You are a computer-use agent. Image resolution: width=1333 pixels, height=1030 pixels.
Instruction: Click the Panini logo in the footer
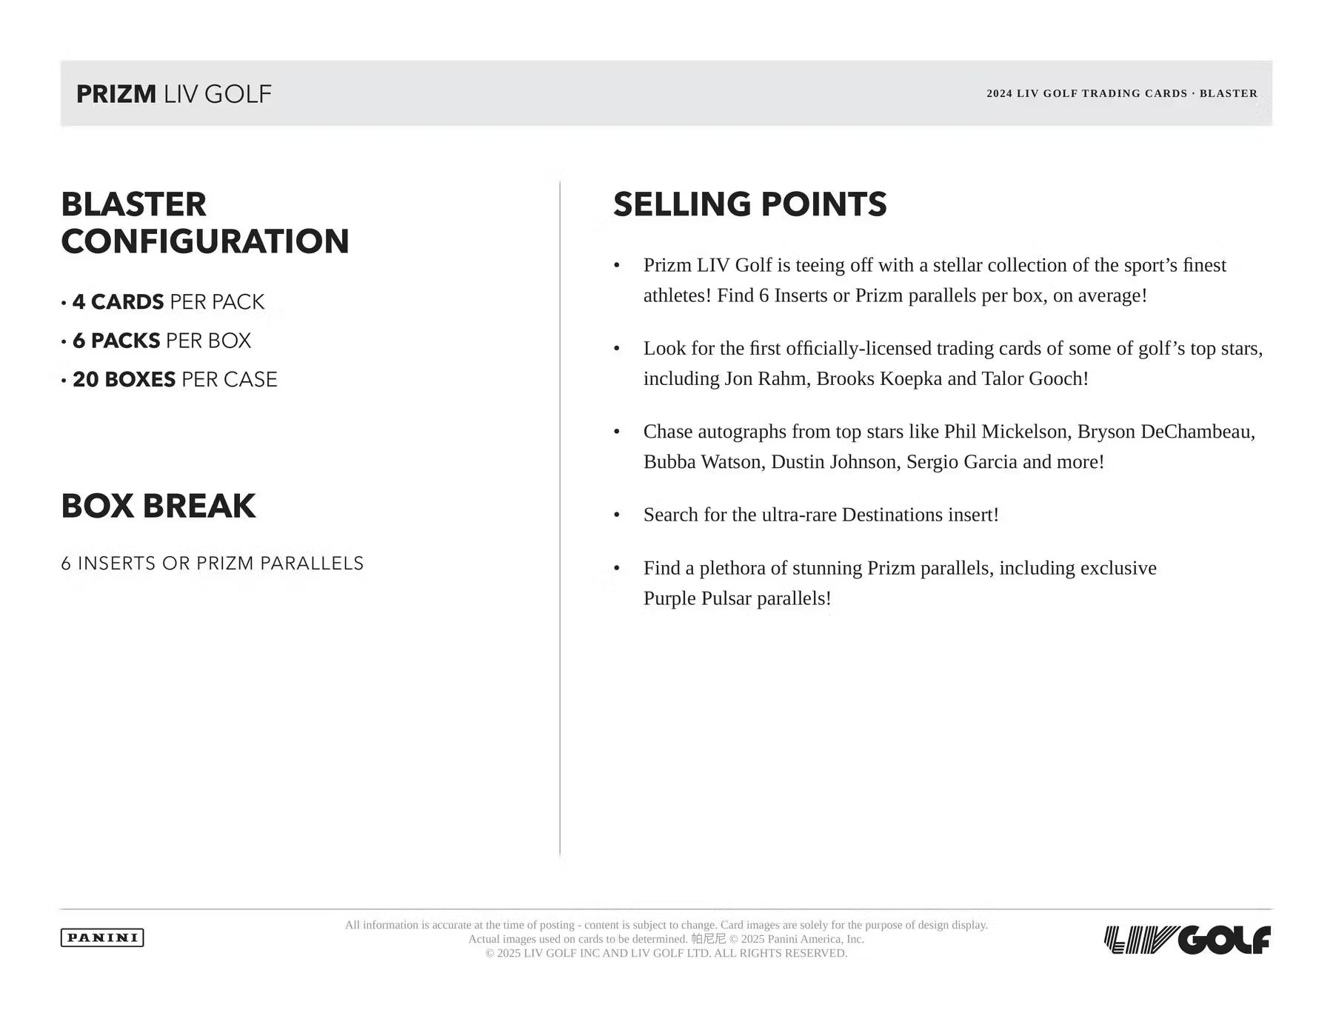click(102, 937)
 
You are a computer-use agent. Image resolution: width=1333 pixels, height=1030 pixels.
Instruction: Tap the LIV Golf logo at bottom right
click(1187, 940)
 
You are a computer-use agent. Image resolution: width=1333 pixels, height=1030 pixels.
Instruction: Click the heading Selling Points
click(749, 204)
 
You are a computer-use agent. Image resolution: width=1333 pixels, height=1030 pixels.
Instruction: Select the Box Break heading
click(158, 506)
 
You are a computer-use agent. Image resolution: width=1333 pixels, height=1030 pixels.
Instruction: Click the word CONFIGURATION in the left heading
click(205, 241)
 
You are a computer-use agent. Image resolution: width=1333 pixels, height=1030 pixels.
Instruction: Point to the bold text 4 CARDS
click(118, 302)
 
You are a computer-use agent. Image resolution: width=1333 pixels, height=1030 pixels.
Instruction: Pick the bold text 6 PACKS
click(116, 341)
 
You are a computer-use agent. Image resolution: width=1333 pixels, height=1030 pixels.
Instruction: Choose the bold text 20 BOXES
click(124, 379)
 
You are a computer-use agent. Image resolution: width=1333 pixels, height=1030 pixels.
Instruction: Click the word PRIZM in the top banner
click(116, 94)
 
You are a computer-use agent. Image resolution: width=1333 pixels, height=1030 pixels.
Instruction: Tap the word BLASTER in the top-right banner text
click(1228, 93)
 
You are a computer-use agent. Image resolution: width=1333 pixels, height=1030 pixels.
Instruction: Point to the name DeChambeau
click(1197, 432)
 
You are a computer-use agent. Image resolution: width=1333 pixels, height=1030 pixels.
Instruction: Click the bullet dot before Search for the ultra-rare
click(617, 515)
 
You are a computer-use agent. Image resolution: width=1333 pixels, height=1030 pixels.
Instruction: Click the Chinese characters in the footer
click(709, 939)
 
